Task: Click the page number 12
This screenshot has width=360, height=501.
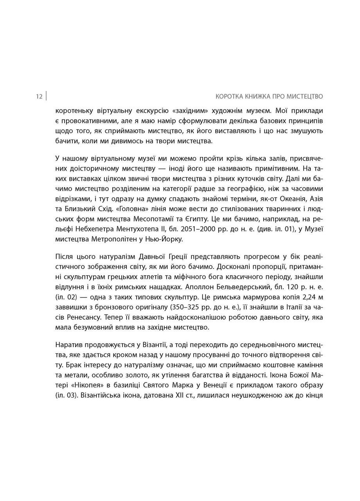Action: [39, 97]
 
